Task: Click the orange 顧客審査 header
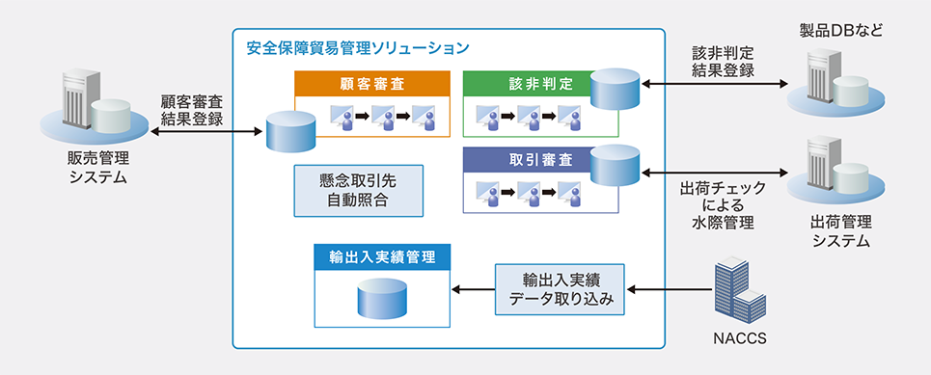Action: click(372, 83)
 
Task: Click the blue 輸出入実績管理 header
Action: click(382, 257)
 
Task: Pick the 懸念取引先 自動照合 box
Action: click(359, 190)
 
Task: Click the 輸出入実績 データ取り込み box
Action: click(560, 289)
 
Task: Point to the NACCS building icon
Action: click(738, 289)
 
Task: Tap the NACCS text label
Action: click(739, 339)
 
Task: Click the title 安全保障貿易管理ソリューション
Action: click(358, 48)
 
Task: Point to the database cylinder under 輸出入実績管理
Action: click(382, 299)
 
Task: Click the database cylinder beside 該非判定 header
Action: click(616, 90)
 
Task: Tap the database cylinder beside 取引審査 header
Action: click(616, 166)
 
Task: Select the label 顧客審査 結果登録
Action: click(192, 110)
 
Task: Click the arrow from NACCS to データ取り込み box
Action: click(670, 289)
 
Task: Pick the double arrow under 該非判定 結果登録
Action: click(714, 86)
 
